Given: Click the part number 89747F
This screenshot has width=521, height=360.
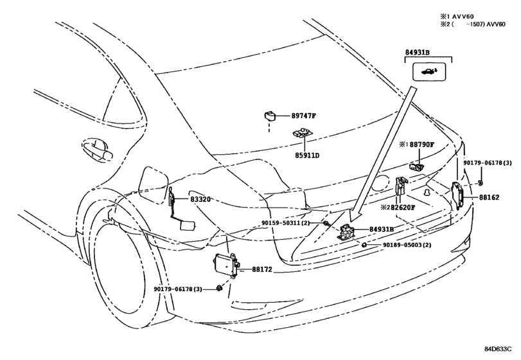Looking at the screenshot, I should (304, 116).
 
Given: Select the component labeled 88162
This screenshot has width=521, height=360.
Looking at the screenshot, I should (460, 195).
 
